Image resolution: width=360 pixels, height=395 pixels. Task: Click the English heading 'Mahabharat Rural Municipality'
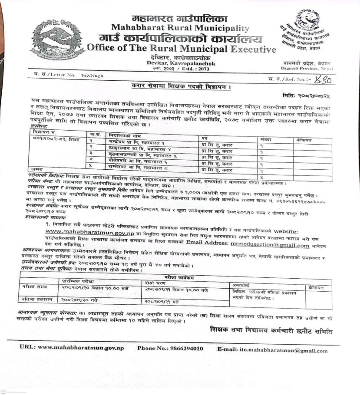[180, 28]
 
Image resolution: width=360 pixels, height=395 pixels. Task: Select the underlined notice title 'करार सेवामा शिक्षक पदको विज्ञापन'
[181, 86]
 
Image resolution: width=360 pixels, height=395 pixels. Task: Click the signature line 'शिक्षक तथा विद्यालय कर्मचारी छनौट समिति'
[271, 332]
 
